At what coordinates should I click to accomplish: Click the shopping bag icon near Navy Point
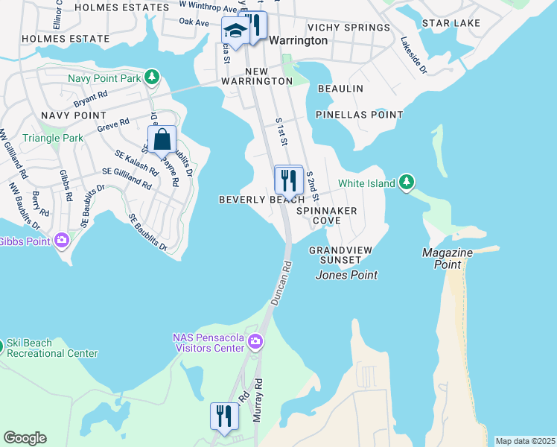(162, 139)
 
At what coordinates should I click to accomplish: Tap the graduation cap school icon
(235, 31)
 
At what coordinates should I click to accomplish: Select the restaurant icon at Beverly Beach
(288, 180)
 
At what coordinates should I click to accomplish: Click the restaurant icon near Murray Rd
(223, 416)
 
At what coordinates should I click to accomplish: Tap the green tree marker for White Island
(406, 183)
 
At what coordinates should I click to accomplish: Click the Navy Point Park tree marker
(151, 77)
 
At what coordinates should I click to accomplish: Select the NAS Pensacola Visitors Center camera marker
(256, 343)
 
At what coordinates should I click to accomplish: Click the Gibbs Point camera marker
(61, 241)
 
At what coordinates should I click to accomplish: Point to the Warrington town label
(298, 40)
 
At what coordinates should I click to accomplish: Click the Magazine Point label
(447, 253)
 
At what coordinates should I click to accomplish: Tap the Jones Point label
(346, 275)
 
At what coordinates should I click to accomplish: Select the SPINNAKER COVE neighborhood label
(327, 216)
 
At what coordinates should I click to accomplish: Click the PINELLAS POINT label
(359, 115)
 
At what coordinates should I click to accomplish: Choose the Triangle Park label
(53, 138)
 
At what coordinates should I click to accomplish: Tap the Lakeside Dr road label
(413, 55)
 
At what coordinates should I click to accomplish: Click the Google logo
(25, 438)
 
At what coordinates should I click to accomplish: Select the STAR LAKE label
(451, 23)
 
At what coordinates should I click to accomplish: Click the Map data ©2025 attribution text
(524, 441)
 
